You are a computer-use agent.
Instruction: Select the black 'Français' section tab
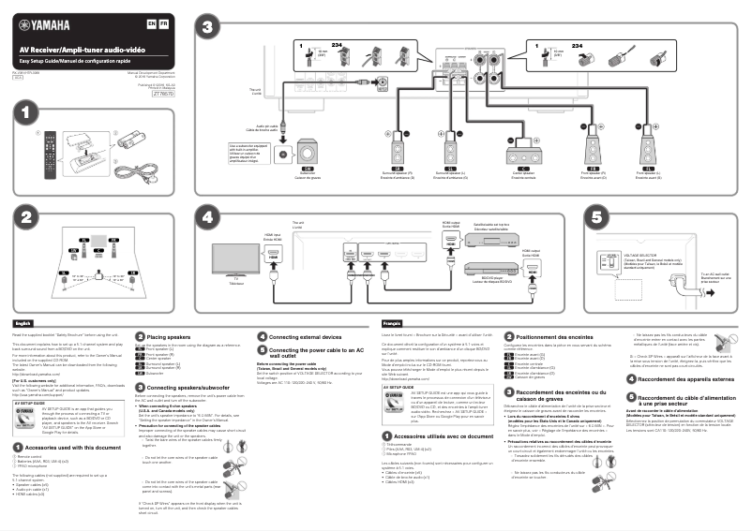coord(393,297)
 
